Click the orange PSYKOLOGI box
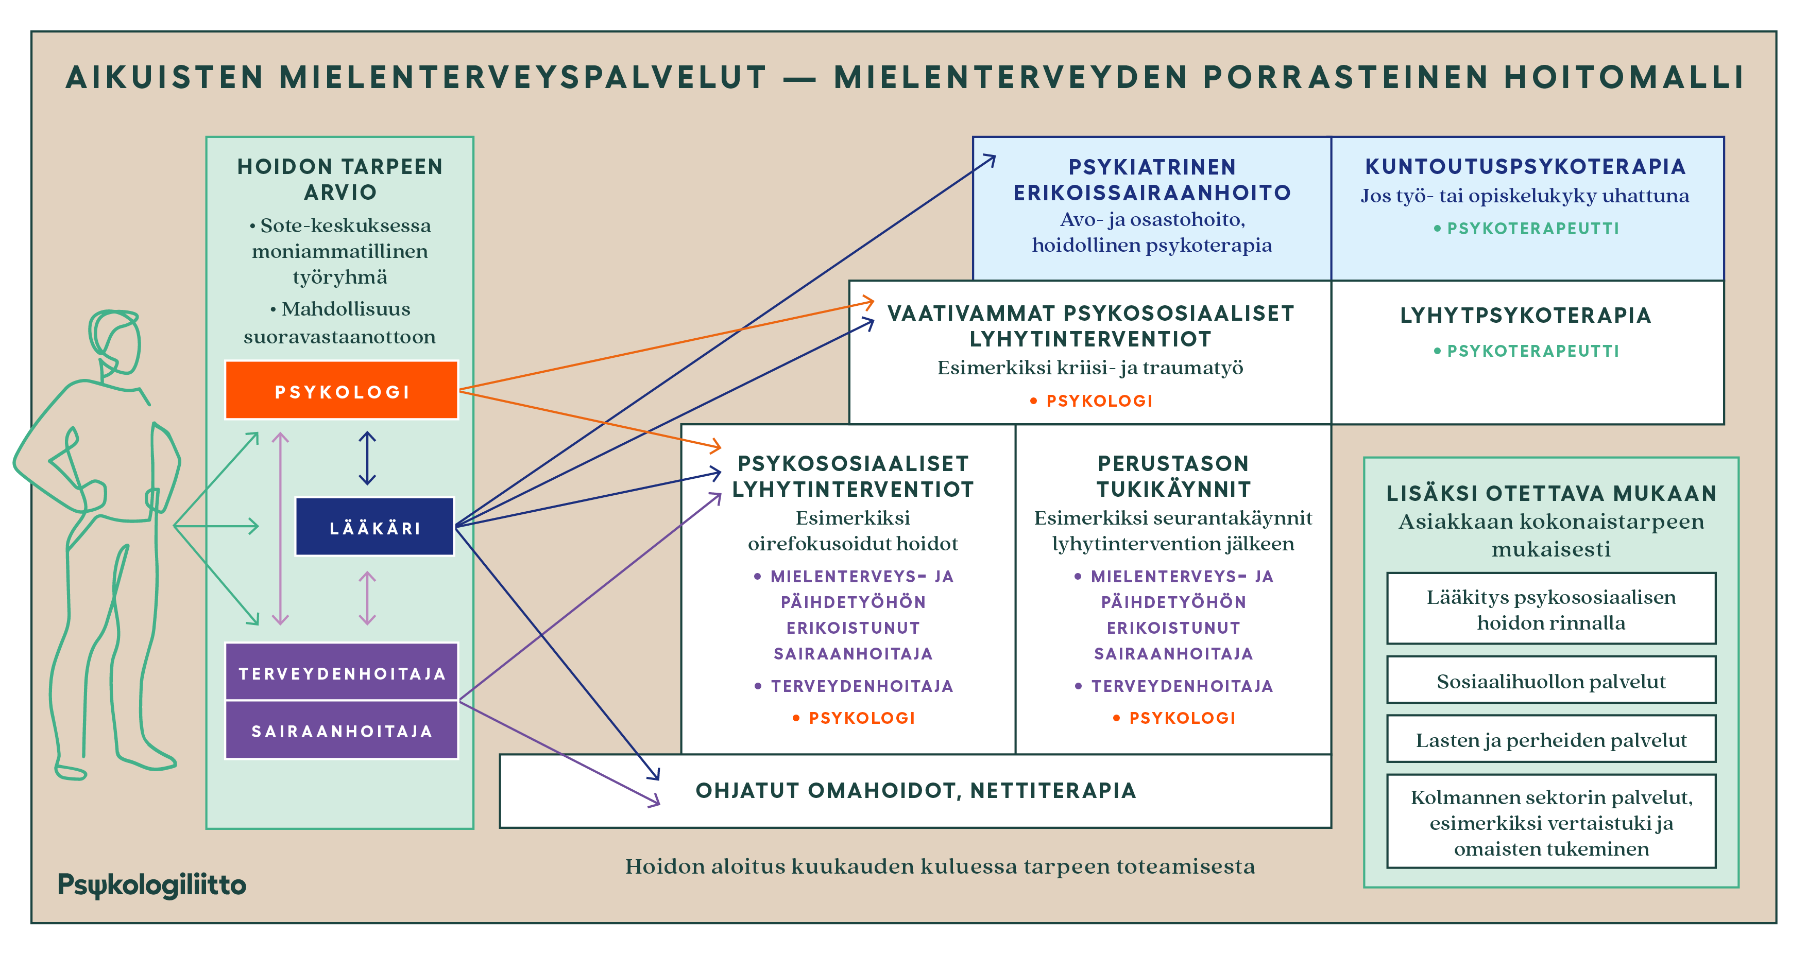341,391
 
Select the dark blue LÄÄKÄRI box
374,527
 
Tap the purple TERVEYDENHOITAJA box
341,672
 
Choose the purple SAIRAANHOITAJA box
341,730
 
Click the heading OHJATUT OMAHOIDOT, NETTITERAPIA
915,791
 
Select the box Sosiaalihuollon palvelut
1551,680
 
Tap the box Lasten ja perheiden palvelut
1551,739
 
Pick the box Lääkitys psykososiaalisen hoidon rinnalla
1551,609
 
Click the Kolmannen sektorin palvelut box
1551,822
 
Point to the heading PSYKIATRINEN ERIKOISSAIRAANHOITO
1152,180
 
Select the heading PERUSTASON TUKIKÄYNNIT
1173,476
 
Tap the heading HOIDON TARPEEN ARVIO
339,179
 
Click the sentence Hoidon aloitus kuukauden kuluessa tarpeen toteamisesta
940,866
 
